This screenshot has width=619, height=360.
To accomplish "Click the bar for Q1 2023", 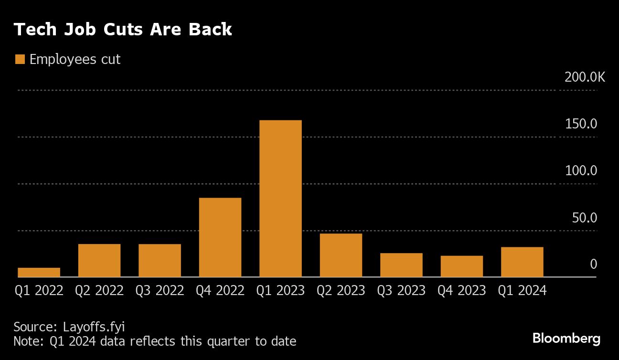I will coord(280,198).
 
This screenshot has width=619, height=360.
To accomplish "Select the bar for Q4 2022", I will coord(220,237).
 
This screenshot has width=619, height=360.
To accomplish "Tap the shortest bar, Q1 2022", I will coord(39,272).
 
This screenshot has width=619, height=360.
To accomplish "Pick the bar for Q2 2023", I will coord(341,255).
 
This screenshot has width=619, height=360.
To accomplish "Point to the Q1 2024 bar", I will coord(522,262).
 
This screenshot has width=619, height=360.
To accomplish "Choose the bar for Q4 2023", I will coord(461,266).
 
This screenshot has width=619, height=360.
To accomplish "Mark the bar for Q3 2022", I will coord(160,260).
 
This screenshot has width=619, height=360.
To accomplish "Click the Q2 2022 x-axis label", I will coord(99,290).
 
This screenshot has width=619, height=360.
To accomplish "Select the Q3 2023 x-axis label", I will coord(401,290).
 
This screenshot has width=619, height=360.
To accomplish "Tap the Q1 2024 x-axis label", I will coord(522,290).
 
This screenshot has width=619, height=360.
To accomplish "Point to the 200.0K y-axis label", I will coord(584,77).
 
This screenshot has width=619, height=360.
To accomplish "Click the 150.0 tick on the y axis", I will coord(581,124).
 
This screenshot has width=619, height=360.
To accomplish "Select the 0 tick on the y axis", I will coord(593,264).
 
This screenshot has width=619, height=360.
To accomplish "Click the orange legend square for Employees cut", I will coord(20,60).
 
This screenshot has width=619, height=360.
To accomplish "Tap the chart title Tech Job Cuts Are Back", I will coord(123,30).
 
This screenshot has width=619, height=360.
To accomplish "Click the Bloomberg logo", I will coord(566,339).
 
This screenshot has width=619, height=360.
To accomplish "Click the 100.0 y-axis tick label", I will coord(581,171).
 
